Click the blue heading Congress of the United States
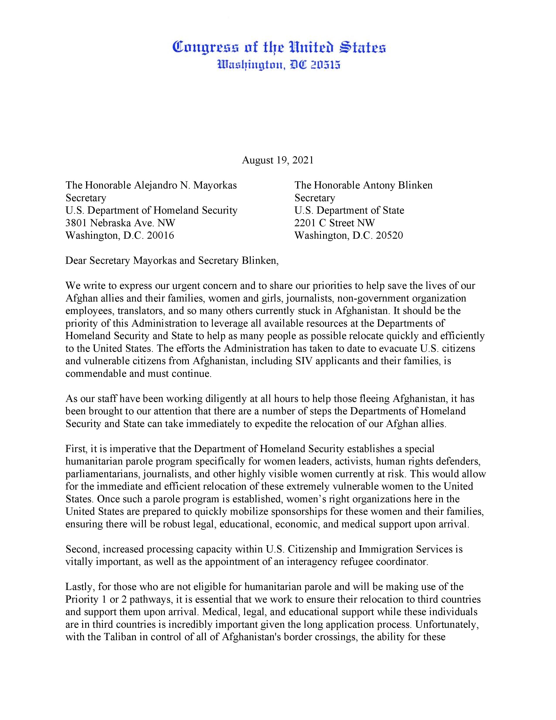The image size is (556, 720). pos(279,48)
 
